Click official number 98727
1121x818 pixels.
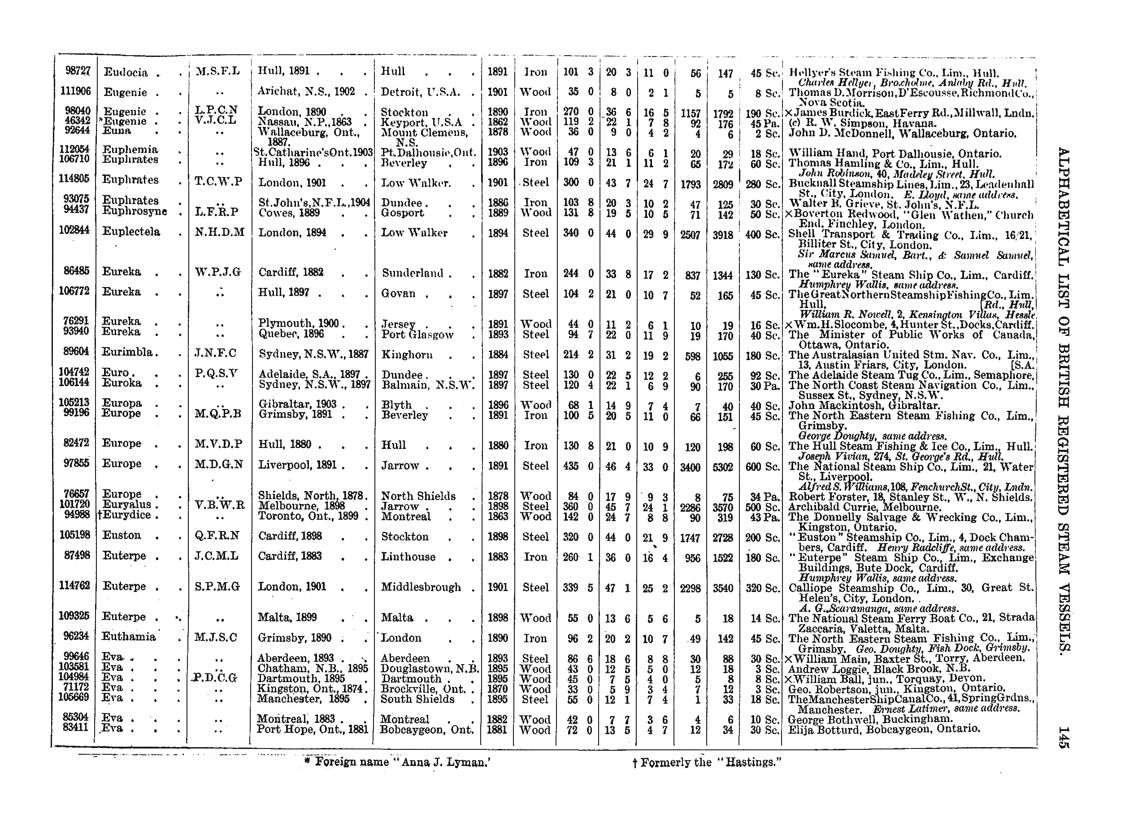78,71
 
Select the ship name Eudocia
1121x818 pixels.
125,72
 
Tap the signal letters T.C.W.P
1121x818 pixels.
218,182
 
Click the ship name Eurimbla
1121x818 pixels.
127,352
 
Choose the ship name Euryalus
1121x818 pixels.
126,505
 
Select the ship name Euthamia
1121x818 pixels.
129,636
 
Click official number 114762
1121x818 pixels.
74,585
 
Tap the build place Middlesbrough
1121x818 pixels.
421,587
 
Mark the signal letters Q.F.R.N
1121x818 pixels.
217,535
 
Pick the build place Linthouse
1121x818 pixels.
408,557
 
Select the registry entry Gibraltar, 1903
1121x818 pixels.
297,404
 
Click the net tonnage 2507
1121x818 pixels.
690,235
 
